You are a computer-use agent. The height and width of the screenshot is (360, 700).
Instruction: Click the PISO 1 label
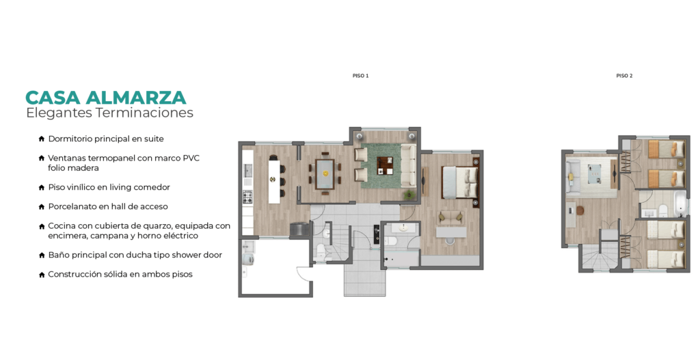(x=360, y=76)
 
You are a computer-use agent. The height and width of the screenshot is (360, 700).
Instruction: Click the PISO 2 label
(x=624, y=76)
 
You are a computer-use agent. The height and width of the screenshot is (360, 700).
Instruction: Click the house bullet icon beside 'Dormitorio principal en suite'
(x=42, y=139)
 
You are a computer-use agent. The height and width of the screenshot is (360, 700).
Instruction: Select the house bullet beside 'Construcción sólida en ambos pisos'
(x=42, y=275)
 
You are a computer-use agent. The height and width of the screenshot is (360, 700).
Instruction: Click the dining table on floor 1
(x=325, y=174)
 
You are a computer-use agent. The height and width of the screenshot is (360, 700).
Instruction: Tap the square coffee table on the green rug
(x=385, y=165)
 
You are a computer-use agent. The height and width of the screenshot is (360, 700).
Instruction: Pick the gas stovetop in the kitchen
(x=247, y=196)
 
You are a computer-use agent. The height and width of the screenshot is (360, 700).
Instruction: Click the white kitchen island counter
(x=274, y=182)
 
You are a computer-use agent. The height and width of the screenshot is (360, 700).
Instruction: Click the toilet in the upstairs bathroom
(x=662, y=210)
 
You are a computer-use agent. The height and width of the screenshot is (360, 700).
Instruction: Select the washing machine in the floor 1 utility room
(x=247, y=260)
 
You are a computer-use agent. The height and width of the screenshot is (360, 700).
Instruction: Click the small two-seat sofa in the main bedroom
(x=450, y=218)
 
